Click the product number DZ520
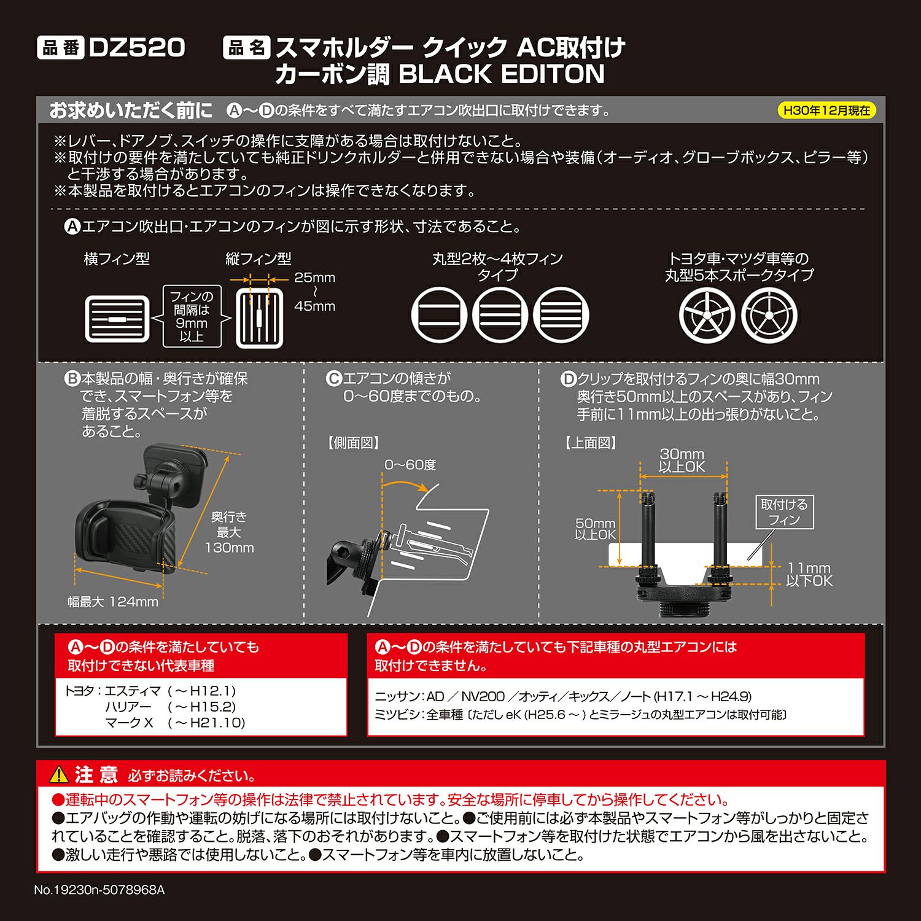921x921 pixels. click(x=136, y=47)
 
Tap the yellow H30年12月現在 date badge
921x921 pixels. click(x=826, y=111)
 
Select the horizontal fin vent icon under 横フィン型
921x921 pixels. click(x=117, y=319)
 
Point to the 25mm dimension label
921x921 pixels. click(x=314, y=278)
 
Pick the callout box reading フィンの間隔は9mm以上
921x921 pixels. click(x=192, y=316)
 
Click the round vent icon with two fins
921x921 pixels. click(x=439, y=316)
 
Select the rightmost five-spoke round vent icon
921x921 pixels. click(x=769, y=316)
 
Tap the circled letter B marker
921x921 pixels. click(x=72, y=379)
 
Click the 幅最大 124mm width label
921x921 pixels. click(x=113, y=602)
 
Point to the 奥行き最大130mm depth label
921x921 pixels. click(x=229, y=532)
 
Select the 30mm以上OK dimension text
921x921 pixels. click(x=682, y=460)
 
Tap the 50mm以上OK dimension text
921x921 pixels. click(x=594, y=529)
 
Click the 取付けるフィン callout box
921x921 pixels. click(x=784, y=512)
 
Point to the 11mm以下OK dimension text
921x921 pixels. click(x=809, y=574)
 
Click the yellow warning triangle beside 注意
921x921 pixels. click(x=59, y=775)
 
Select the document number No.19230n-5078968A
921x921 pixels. click(x=99, y=890)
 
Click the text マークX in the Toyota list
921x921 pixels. click(x=129, y=723)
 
